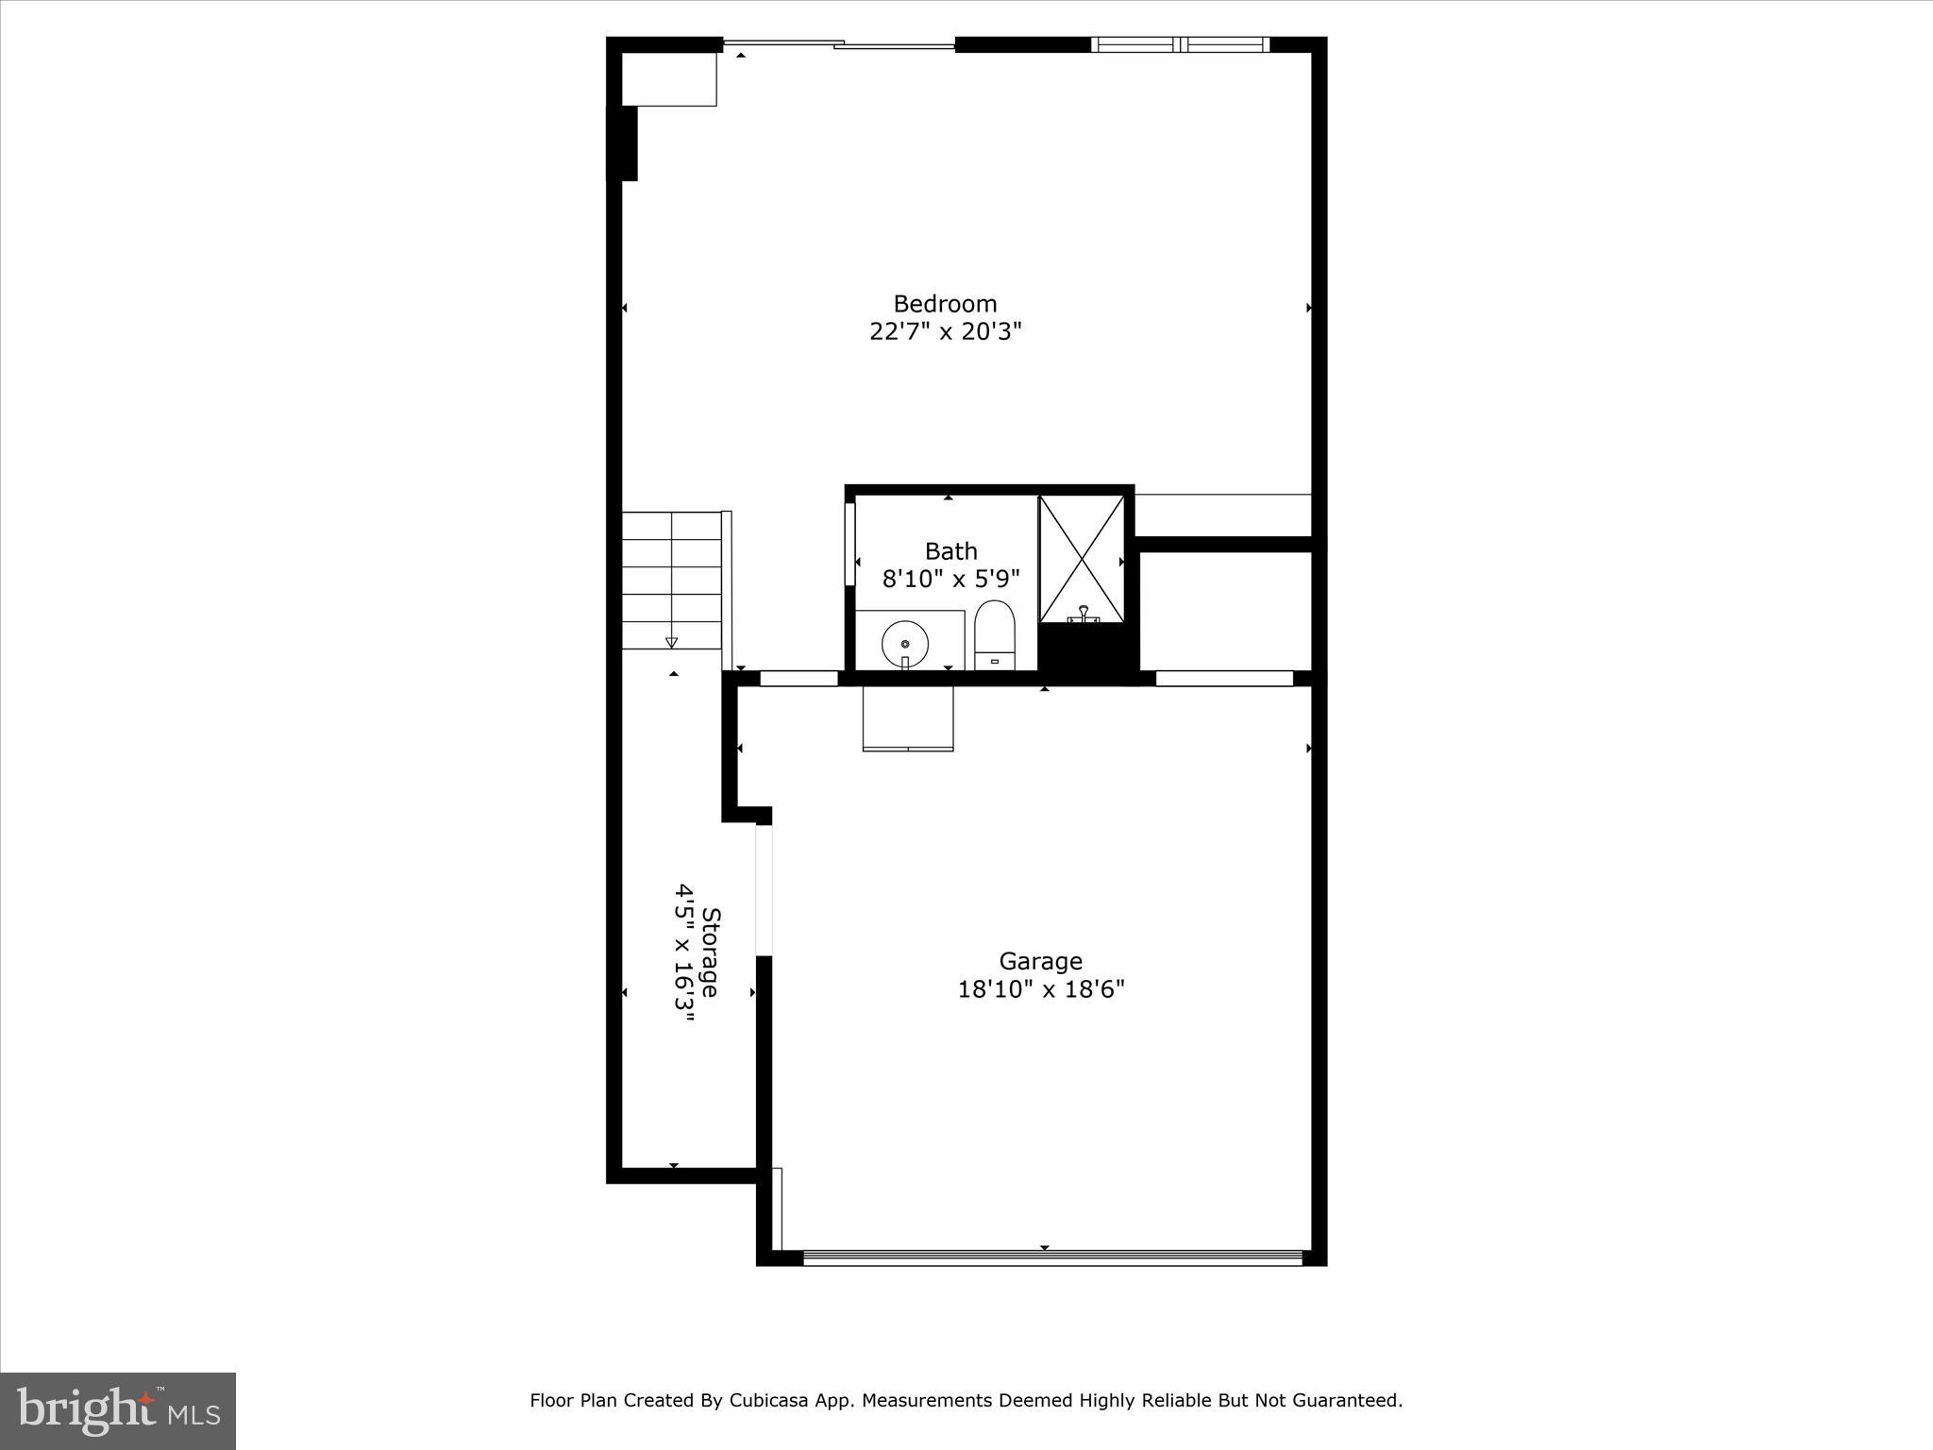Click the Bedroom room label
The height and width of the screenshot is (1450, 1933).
pyautogui.click(x=945, y=304)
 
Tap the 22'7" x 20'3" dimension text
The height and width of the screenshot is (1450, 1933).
pyautogui.click(x=945, y=332)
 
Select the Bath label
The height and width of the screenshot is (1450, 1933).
pyautogui.click(x=950, y=551)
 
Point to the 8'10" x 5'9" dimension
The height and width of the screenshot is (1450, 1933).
pyautogui.click(x=950, y=579)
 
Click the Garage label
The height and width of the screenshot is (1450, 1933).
pyautogui.click(x=1040, y=961)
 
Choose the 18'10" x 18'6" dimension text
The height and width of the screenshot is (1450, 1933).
pyautogui.click(x=1040, y=989)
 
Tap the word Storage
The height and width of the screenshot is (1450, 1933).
pyautogui.click(x=712, y=952)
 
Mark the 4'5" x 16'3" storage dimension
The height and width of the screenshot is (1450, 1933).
pyautogui.click(x=685, y=959)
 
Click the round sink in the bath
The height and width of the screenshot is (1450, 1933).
pyautogui.click(x=904, y=644)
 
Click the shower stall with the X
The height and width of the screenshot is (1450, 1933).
pyautogui.click(x=1082, y=559)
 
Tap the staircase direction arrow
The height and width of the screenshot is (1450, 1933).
pyautogui.click(x=671, y=641)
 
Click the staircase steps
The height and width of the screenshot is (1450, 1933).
pyautogui.click(x=671, y=580)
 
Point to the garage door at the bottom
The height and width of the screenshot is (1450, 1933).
pyautogui.click(x=1051, y=1257)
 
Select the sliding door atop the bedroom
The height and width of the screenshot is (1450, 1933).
pyautogui.click(x=838, y=43)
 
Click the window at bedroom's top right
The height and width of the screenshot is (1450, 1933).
pyautogui.click(x=1179, y=43)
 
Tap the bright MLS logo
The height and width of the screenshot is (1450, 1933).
pyautogui.click(x=118, y=1411)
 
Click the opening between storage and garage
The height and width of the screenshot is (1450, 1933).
pyautogui.click(x=764, y=889)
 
